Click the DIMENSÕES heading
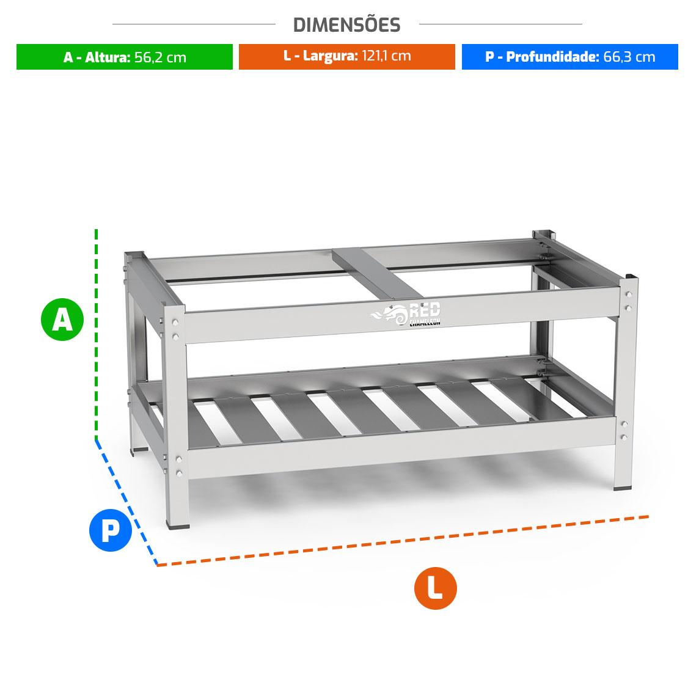[x=347, y=25]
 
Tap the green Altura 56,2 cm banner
[x=125, y=57]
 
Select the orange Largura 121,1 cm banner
[x=347, y=57]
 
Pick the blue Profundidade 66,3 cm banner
[x=569, y=57]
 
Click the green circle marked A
[x=62, y=320]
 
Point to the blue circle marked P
[x=111, y=530]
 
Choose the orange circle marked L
[x=436, y=588]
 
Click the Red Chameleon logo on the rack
[x=406, y=314]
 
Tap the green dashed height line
[x=97, y=334]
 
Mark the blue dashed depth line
[x=126, y=502]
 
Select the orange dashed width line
[x=403, y=541]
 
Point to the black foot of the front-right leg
[x=623, y=488]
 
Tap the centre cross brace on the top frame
[x=378, y=274]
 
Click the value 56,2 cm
[x=161, y=57]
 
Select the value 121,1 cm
[x=386, y=56]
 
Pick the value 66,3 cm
[x=629, y=57]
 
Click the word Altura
[x=108, y=57]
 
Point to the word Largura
[x=331, y=57]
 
